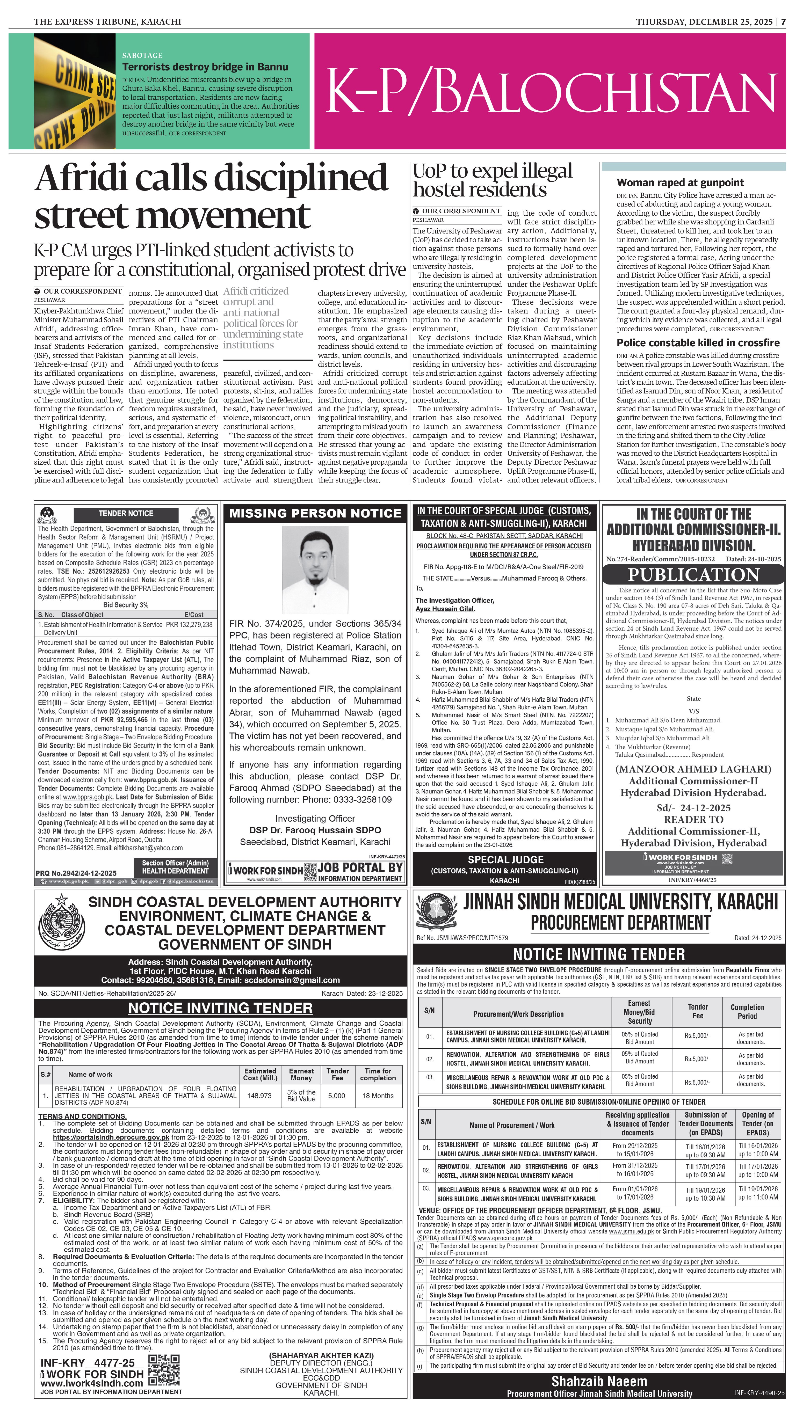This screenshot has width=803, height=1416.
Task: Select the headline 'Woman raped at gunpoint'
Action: tap(680, 183)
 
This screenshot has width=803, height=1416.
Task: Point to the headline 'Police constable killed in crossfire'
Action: tap(698, 342)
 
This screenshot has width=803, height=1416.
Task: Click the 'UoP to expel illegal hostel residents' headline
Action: tap(493, 180)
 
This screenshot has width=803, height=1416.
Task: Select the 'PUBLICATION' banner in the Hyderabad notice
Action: tap(693, 574)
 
